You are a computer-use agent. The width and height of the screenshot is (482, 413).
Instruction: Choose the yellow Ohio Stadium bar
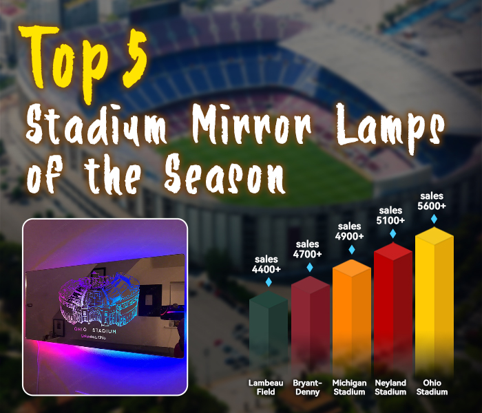coord(433,303)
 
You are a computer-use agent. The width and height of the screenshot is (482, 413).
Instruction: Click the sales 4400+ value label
coord(266,265)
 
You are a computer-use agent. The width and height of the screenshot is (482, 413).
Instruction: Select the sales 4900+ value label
coord(349,231)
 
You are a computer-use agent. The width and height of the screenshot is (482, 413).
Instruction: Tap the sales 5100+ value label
coord(390,216)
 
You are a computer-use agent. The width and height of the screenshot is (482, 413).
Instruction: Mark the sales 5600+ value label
coord(433,201)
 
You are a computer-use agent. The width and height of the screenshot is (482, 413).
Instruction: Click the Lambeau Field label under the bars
coord(266,387)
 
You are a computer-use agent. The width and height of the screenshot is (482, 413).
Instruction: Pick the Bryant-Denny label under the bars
coord(307,387)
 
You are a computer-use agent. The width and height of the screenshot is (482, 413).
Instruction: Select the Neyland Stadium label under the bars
coord(390,387)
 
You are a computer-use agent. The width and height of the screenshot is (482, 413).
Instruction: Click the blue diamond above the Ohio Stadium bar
coord(433,219)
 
